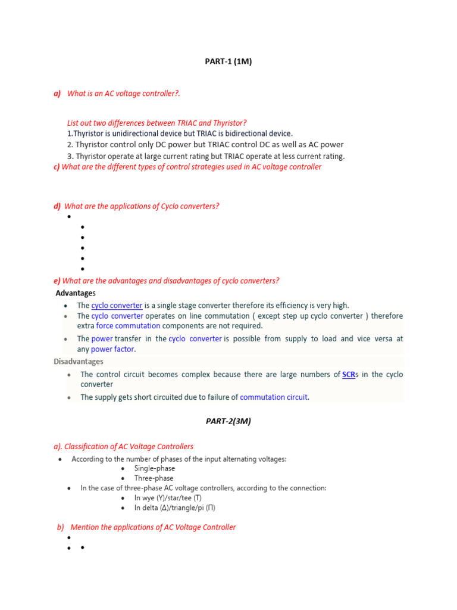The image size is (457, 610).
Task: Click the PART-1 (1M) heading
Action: (228, 61)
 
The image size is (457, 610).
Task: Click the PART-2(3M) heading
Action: (228, 421)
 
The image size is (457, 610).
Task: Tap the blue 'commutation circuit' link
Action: (274, 397)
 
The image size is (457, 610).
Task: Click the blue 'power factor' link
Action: (112, 350)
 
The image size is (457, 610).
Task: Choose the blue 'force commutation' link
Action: (128, 326)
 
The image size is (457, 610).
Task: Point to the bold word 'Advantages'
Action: (75, 293)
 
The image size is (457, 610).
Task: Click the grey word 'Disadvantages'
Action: (78, 362)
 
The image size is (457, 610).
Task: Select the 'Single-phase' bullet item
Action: (154, 469)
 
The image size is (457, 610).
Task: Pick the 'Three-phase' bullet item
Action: (154, 478)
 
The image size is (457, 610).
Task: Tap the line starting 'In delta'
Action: (174, 508)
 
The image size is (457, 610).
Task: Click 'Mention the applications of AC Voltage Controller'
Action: (153, 527)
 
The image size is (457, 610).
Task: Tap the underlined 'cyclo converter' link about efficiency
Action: (117, 306)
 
